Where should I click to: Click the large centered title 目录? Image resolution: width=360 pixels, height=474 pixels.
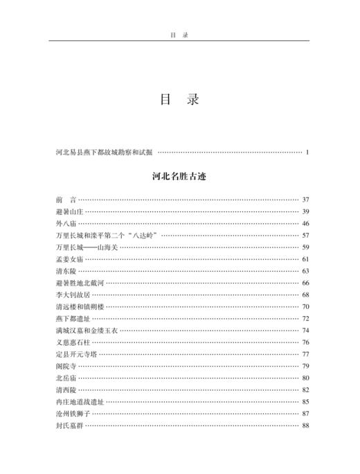point(179,100)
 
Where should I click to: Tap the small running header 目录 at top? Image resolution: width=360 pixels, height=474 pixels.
point(179,32)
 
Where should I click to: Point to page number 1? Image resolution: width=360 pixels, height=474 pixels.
point(306,150)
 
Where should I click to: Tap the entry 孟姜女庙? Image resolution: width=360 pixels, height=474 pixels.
point(68,258)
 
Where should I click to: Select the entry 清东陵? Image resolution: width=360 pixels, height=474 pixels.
point(64,271)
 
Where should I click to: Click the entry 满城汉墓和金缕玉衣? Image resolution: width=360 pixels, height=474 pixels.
point(86,330)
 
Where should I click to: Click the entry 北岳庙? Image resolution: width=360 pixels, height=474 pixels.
point(64,378)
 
